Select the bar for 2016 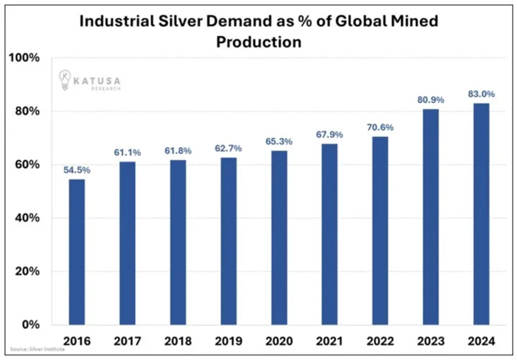76,252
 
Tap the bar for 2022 380,230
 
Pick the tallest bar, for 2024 481,214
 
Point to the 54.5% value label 76,169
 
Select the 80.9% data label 430,100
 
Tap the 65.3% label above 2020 279,141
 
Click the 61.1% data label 127,152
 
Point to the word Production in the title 258,42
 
